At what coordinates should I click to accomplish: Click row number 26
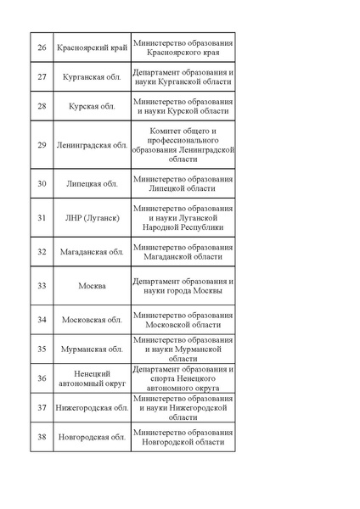tap(42, 48)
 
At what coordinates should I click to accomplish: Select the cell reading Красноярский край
tap(92, 48)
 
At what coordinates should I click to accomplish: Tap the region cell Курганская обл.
tap(92, 77)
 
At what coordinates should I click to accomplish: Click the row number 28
tap(42, 106)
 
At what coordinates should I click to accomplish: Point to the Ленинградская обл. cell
tap(92, 145)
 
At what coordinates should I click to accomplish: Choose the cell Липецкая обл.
tap(92, 183)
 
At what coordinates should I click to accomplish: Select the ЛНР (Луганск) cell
tap(92, 218)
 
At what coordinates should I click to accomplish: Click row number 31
tap(42, 218)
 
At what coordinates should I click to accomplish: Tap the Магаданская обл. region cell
tap(92, 252)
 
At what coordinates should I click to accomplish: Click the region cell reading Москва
tap(92, 286)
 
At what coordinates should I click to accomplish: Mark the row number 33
tap(42, 286)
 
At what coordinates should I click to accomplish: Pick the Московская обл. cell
tap(92, 320)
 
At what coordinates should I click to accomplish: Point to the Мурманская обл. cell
tap(92, 349)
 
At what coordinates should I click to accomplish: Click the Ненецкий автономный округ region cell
tap(92, 378)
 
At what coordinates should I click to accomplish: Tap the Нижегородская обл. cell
tap(92, 407)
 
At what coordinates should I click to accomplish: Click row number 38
tap(42, 437)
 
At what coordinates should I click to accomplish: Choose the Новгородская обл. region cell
tap(92, 437)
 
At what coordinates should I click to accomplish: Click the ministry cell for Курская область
tap(183, 106)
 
